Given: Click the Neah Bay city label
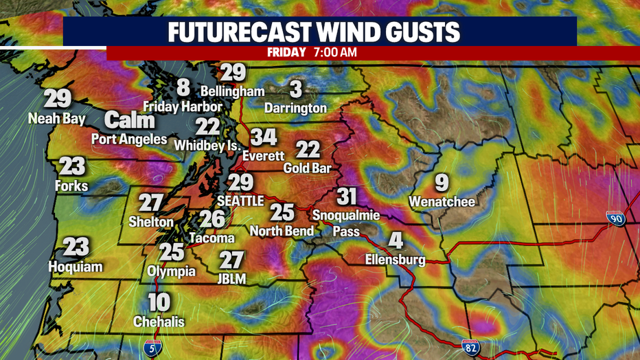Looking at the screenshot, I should [x=57, y=119].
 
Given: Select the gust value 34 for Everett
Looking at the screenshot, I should [x=263, y=137].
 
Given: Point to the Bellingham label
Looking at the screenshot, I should [x=233, y=91].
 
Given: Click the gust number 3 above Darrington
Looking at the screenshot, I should [x=296, y=89].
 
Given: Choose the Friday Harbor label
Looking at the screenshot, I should [x=183, y=106].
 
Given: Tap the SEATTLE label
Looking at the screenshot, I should [x=240, y=201].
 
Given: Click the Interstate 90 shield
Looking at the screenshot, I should [x=615, y=219].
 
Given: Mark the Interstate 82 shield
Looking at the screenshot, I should [x=470, y=347].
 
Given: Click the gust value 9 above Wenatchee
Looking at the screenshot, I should [x=442, y=183].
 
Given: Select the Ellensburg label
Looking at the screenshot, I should [x=396, y=260].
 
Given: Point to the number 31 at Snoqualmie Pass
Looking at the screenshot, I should [x=347, y=196].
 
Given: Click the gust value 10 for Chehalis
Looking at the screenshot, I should [x=159, y=302].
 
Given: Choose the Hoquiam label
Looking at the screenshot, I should [x=76, y=267].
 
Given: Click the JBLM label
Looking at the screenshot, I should [x=231, y=278].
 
